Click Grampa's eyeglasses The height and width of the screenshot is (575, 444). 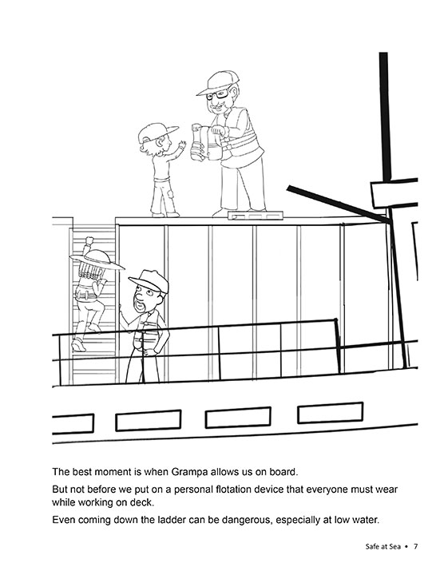coord(217,94)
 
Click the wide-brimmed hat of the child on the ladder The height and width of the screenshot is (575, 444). coord(96,260)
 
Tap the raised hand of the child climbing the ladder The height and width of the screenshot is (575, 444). coord(89,241)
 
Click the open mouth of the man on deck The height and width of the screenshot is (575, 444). coord(139,304)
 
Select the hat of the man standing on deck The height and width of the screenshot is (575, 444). coord(149,280)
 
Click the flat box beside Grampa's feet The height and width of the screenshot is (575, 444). coord(256,216)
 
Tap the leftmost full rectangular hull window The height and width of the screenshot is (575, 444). coord(148,420)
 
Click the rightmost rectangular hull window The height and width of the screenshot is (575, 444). coord(330,413)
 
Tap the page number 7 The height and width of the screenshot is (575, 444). coord(415,547)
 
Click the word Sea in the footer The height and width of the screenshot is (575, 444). coord(394,547)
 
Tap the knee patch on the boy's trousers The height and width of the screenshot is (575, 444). coord(169,193)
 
